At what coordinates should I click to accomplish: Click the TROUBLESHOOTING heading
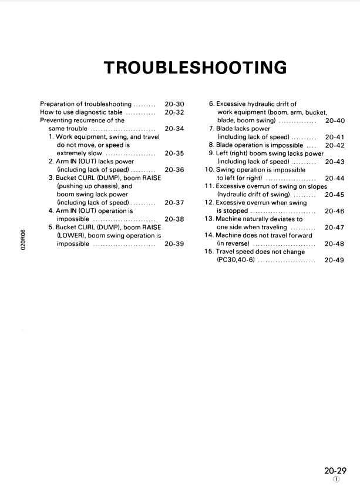coord(195,68)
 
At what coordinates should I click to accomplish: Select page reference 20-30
coord(174,104)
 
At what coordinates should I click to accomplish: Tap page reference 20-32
coord(174,112)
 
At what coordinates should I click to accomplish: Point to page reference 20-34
coord(174,128)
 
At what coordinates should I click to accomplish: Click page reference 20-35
coord(174,153)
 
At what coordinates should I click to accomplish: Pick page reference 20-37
coord(174,203)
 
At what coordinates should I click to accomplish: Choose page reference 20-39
coord(174,243)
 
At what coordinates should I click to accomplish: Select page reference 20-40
coord(334,121)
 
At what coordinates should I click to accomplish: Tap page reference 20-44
coord(334,178)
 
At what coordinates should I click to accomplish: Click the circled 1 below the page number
coord(335,479)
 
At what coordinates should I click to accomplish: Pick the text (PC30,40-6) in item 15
coord(235,260)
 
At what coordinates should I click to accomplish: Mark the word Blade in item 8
coord(226,145)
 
